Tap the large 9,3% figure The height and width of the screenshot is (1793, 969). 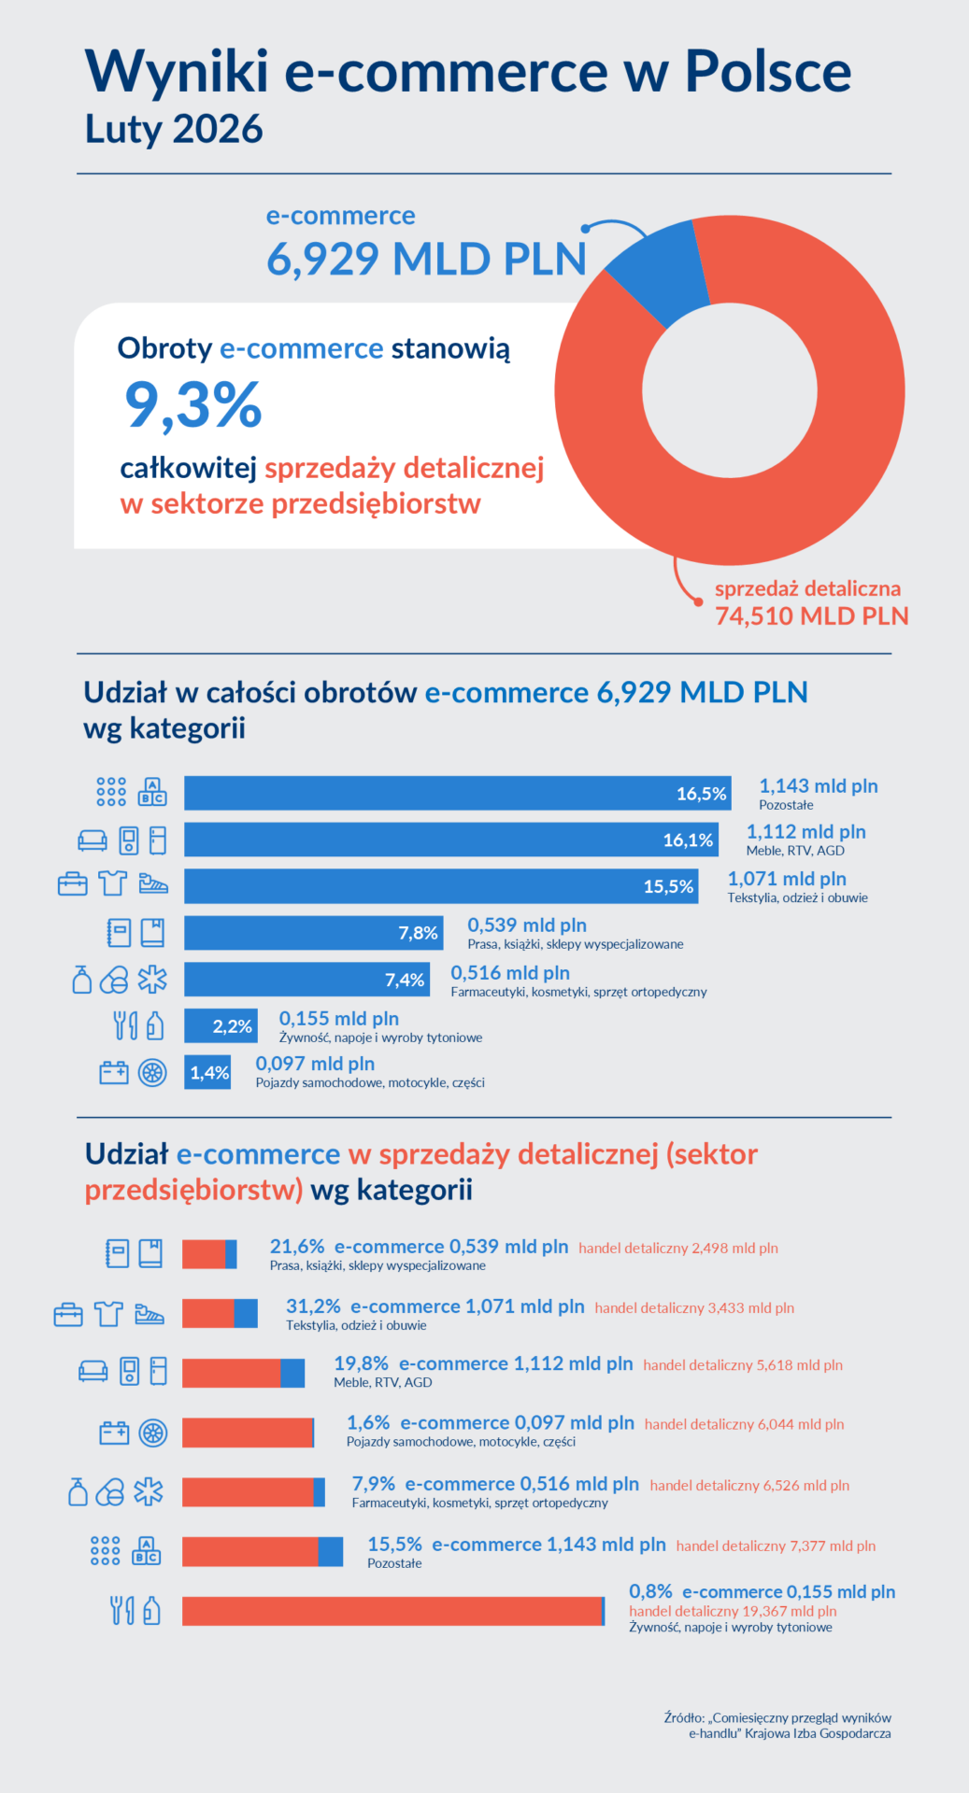(x=193, y=405)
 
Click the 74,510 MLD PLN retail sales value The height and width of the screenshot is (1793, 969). (x=811, y=616)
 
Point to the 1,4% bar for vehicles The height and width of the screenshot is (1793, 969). (x=207, y=1072)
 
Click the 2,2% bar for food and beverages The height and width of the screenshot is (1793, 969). (x=221, y=1025)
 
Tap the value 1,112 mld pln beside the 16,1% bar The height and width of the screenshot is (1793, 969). (x=805, y=831)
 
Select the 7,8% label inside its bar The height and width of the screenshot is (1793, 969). (x=418, y=933)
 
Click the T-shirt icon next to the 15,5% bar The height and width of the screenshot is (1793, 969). (x=112, y=882)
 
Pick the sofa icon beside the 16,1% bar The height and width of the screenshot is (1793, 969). (x=93, y=840)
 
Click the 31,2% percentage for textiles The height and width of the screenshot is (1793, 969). (x=313, y=1306)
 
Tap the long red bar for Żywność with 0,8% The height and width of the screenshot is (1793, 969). (x=392, y=1611)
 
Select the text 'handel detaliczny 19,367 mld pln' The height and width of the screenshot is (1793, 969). (x=733, y=1611)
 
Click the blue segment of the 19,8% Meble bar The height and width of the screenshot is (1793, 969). (x=292, y=1373)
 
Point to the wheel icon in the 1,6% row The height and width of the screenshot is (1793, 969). (x=152, y=1433)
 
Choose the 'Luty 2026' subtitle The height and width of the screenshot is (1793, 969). (x=174, y=129)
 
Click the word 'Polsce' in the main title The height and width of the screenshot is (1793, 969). (x=767, y=71)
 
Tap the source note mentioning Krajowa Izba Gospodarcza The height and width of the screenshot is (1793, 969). (x=777, y=1725)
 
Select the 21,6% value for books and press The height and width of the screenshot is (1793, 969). (x=296, y=1247)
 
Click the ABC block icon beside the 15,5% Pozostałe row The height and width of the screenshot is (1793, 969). (x=147, y=1550)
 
